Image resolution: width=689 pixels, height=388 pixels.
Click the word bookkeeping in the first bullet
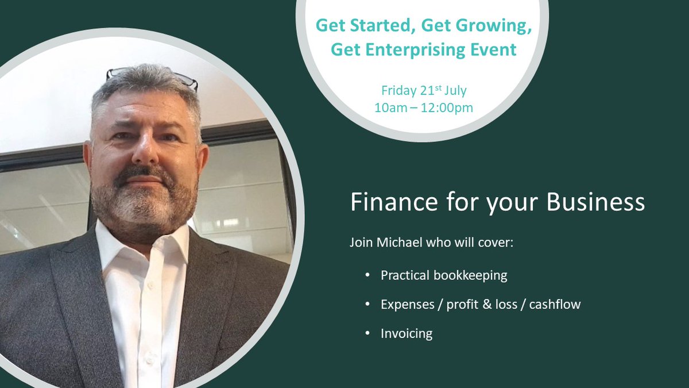[x=471, y=275]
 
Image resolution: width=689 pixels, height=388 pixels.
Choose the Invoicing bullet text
[x=407, y=333]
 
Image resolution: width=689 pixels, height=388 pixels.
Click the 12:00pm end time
[x=447, y=107]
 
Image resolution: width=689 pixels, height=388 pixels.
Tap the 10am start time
[x=388, y=107]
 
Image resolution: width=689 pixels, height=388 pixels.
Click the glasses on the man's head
[x=152, y=75]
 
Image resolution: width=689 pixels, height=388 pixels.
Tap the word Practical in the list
[x=405, y=275]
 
